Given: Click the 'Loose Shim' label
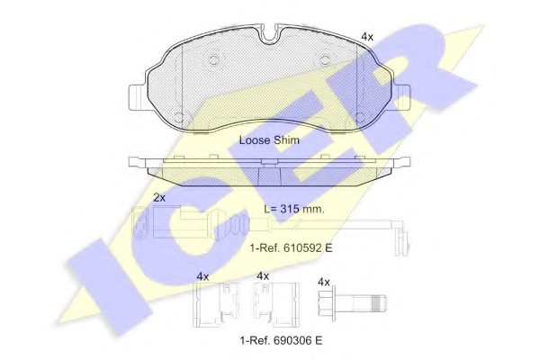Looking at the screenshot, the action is click(269, 140).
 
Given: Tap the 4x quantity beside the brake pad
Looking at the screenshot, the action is click(367, 37).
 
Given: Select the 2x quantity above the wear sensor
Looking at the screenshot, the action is click(159, 198).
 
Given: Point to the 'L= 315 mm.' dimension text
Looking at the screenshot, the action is click(294, 209).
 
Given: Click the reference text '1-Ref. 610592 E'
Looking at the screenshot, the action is click(292, 247).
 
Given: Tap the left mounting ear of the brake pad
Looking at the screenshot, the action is click(138, 98).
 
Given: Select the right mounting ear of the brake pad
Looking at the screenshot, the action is click(401, 98).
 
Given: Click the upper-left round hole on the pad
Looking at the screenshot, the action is click(214, 60).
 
